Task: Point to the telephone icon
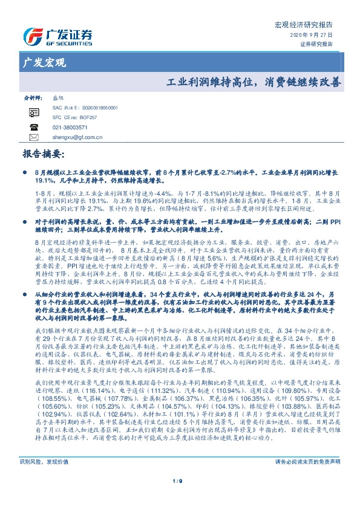coord(34,128)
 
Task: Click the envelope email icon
coord(34,137)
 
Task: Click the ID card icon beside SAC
coord(34,112)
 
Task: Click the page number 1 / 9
coord(180,498)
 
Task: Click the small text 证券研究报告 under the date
coord(316,44)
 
